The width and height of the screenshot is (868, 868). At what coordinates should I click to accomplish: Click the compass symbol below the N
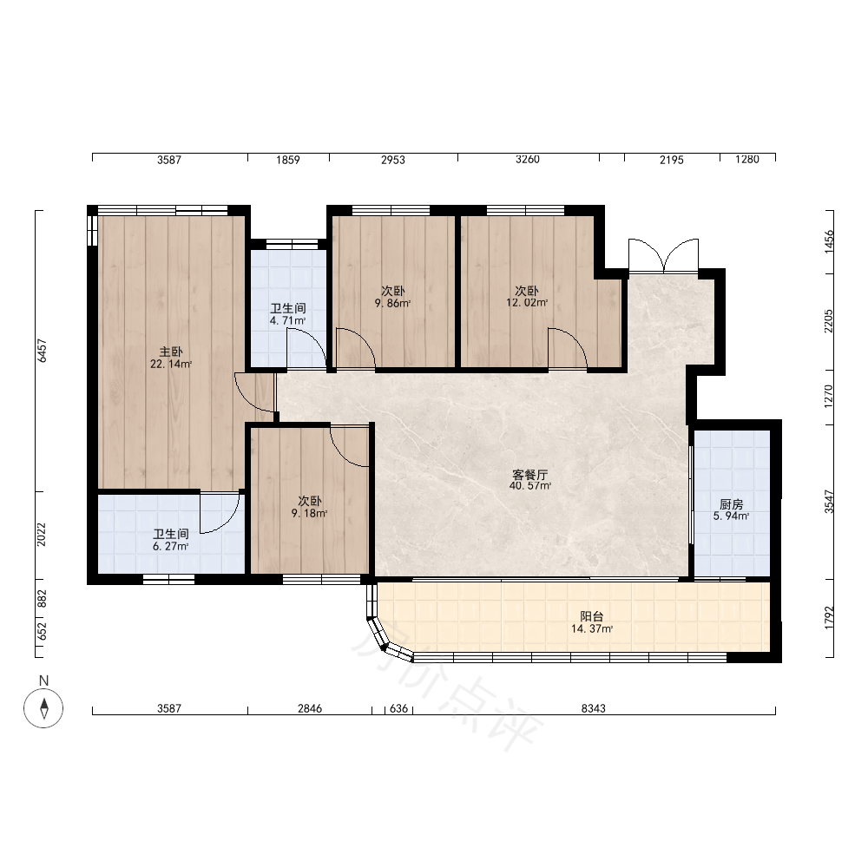[x=43, y=708]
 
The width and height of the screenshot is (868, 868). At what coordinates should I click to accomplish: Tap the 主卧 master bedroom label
[x=171, y=352]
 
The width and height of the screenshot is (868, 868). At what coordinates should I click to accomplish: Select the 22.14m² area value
[x=171, y=365]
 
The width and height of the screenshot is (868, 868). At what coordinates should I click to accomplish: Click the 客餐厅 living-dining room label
[x=530, y=475]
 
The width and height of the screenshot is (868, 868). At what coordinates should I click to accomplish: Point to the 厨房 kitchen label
[x=731, y=504]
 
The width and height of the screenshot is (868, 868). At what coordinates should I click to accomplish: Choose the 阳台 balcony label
[x=592, y=616]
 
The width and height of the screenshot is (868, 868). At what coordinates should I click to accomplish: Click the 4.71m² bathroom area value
[x=288, y=320]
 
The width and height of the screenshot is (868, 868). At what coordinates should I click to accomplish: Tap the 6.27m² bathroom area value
[x=171, y=546]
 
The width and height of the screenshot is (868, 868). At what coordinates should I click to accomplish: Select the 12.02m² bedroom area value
[x=527, y=303]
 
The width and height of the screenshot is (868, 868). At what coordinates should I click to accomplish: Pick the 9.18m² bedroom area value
[x=310, y=513]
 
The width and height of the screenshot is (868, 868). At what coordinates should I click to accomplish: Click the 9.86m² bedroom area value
[x=392, y=303]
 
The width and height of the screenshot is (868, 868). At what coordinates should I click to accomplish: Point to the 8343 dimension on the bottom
[x=594, y=708]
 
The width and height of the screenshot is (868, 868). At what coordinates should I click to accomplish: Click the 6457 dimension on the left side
[x=42, y=351]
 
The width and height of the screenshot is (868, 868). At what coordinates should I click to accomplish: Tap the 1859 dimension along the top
[x=288, y=160]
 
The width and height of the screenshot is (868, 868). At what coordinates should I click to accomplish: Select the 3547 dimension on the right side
[x=829, y=502]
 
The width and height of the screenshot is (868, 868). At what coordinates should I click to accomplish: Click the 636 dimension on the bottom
[x=398, y=708]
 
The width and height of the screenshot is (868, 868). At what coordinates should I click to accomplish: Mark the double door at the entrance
[x=663, y=256]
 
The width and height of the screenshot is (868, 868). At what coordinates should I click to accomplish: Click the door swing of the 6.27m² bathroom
[x=220, y=513]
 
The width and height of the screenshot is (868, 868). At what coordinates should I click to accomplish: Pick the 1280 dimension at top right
[x=747, y=160]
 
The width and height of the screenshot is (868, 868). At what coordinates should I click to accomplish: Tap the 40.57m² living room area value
[x=530, y=486]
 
